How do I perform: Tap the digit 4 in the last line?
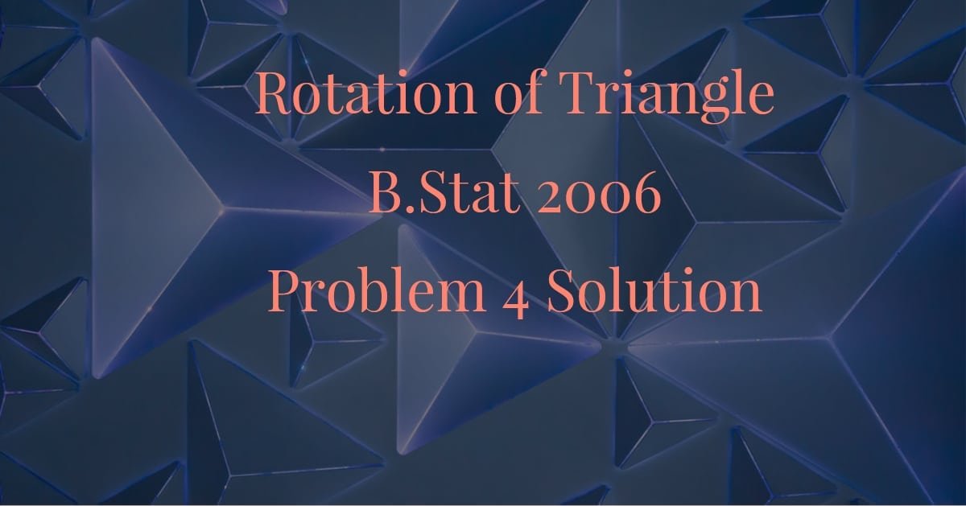pyautogui.click(x=514, y=294)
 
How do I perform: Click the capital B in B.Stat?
pyautogui.click(x=383, y=195)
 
